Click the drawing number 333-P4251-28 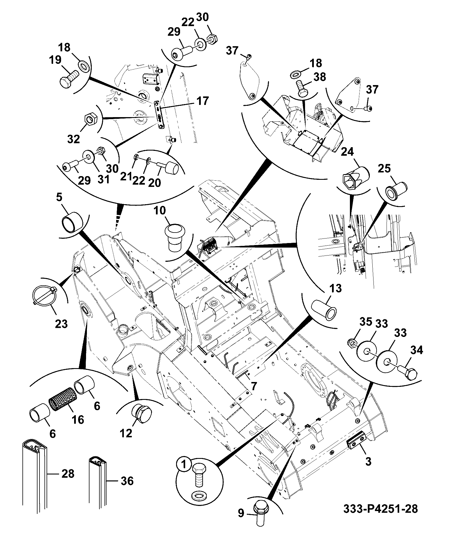click(x=381, y=509)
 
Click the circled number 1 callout click(x=184, y=465)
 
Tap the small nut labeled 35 click(x=351, y=343)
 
